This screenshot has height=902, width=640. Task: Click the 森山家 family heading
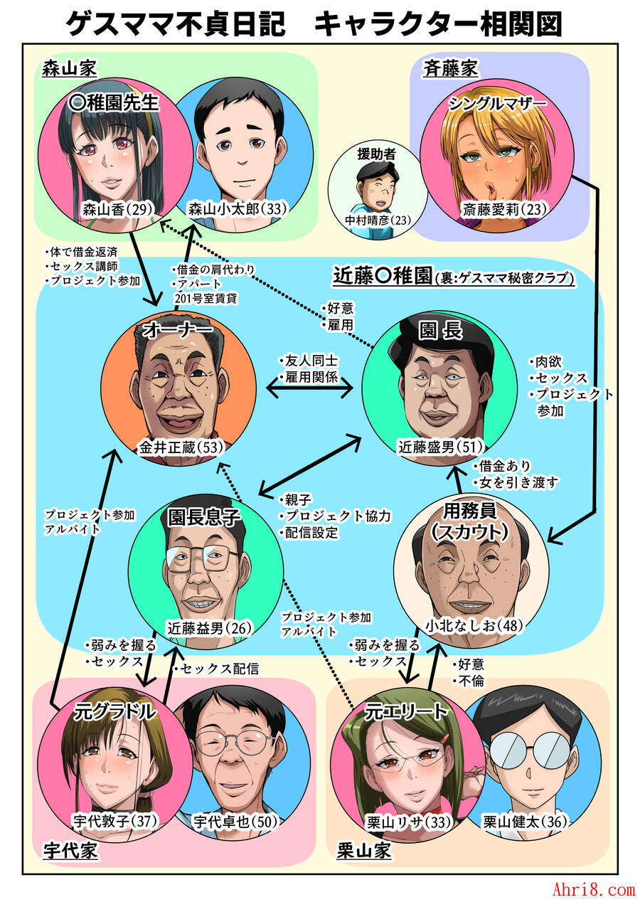70,68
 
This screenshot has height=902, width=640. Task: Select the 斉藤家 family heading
450,68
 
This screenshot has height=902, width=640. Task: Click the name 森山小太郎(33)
238,208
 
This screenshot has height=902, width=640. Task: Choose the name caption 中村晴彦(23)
378,220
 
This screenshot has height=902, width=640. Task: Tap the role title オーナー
178,331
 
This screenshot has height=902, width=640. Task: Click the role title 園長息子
204,516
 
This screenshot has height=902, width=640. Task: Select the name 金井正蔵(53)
181,447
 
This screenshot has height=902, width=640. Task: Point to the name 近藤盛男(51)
441,447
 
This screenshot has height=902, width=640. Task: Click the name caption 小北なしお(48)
474,625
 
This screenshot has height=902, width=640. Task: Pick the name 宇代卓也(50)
236,822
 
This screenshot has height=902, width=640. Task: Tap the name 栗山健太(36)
525,822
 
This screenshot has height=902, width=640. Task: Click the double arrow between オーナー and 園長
309,388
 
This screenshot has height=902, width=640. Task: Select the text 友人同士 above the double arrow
311,361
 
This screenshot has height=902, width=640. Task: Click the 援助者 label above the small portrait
376,154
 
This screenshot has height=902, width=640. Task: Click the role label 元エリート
406,712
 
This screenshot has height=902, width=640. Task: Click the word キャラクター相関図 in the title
438,24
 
